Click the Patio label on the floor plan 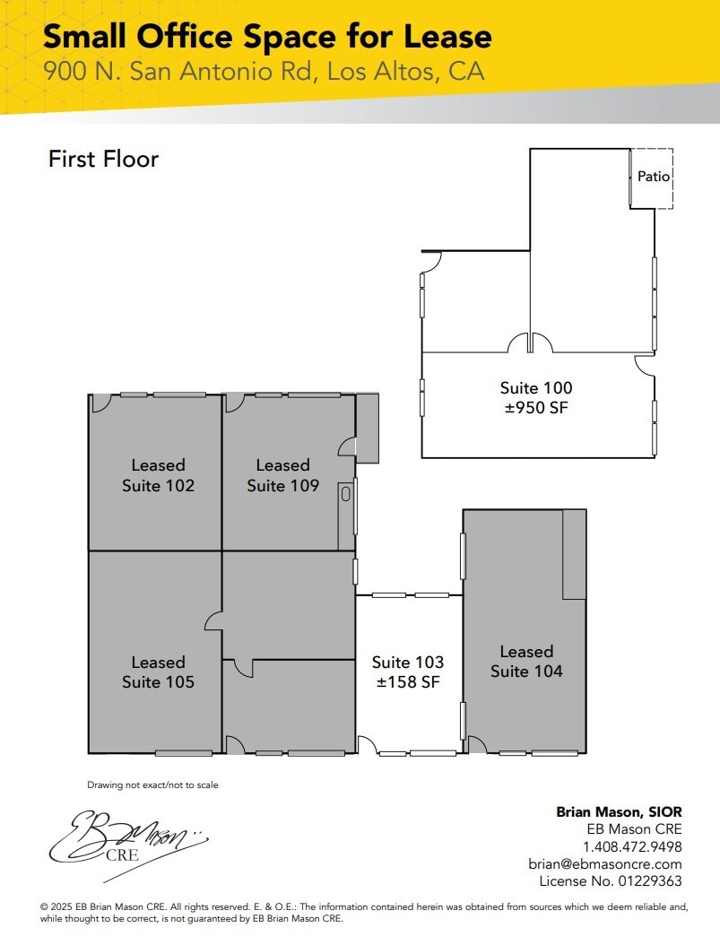653,177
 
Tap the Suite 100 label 535,388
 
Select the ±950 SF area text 535,408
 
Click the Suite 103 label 408,663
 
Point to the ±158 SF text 408,682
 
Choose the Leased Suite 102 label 158,475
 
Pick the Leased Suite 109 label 282,475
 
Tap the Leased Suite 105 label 158,672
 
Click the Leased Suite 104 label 526,661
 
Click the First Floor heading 103,159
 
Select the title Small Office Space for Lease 267,37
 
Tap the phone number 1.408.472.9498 632,846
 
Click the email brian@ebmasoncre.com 605,864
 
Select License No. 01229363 612,881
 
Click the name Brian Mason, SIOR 619,811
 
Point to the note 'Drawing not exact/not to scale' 152,785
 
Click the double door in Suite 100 530,343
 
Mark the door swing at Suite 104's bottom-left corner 476,745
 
